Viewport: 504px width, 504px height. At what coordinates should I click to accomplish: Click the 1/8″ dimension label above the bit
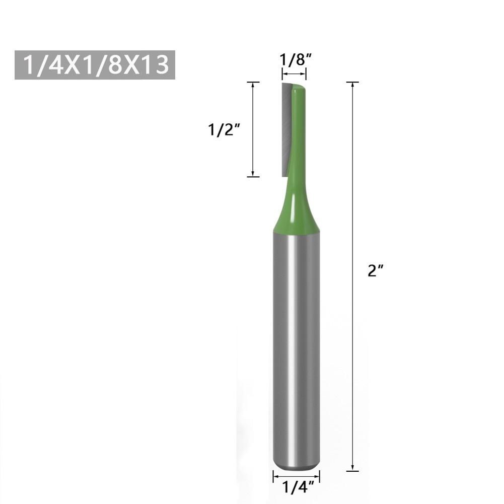tap(294, 60)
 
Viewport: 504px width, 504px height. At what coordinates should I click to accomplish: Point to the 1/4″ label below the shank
tap(296, 487)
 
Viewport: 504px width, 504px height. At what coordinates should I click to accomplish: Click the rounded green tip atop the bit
tap(299, 91)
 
